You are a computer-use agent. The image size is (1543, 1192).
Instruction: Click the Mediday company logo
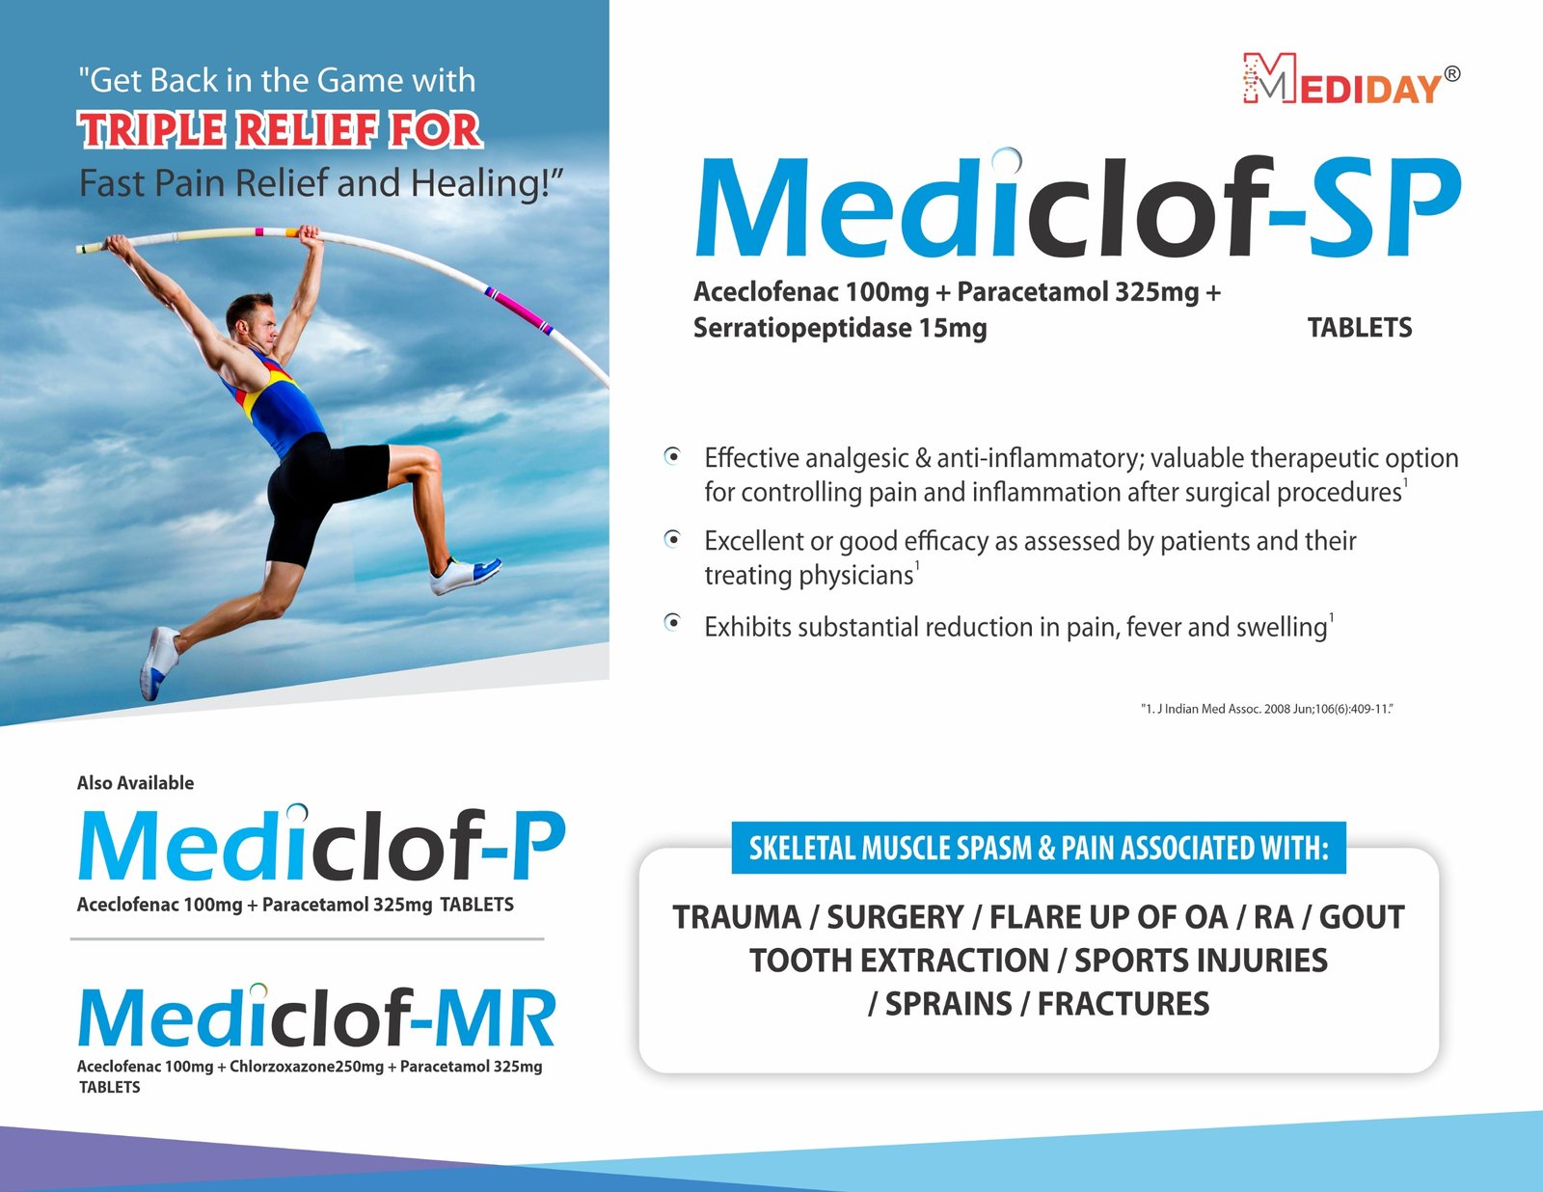pyautogui.click(x=1350, y=78)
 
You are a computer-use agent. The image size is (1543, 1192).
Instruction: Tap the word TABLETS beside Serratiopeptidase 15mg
pyautogui.click(x=1360, y=327)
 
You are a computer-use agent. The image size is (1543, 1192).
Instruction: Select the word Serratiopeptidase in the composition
pyautogui.click(x=801, y=329)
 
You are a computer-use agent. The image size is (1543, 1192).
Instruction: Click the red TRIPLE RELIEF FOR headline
pyautogui.click(x=280, y=130)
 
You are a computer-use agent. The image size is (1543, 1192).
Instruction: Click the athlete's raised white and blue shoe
pyautogui.click(x=465, y=575)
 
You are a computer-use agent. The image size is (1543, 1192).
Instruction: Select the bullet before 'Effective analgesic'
pyautogui.click(x=672, y=456)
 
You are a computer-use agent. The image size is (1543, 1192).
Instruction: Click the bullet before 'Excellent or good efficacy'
pyautogui.click(x=672, y=539)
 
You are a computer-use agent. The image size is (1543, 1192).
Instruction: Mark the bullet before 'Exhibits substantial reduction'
pyautogui.click(x=672, y=623)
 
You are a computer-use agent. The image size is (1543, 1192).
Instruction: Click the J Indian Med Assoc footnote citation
pyautogui.click(x=1267, y=709)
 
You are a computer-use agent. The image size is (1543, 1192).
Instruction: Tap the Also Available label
pyautogui.click(x=135, y=782)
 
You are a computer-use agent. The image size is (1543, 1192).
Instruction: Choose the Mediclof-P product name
pyautogui.click(x=322, y=844)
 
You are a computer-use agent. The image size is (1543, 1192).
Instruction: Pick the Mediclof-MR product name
pyautogui.click(x=316, y=1016)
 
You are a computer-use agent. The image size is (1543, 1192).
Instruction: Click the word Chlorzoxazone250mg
pyautogui.click(x=306, y=1067)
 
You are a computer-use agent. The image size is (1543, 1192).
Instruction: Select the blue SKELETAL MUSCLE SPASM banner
pyautogui.click(x=1039, y=848)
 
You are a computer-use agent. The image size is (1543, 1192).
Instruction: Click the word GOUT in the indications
pyautogui.click(x=1362, y=916)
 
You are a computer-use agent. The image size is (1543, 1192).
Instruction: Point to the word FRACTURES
pyautogui.click(x=1123, y=1004)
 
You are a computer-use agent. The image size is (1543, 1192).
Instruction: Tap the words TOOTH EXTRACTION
pyautogui.click(x=899, y=961)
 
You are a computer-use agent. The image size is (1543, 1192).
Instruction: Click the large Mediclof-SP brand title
pyautogui.click(x=1078, y=204)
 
